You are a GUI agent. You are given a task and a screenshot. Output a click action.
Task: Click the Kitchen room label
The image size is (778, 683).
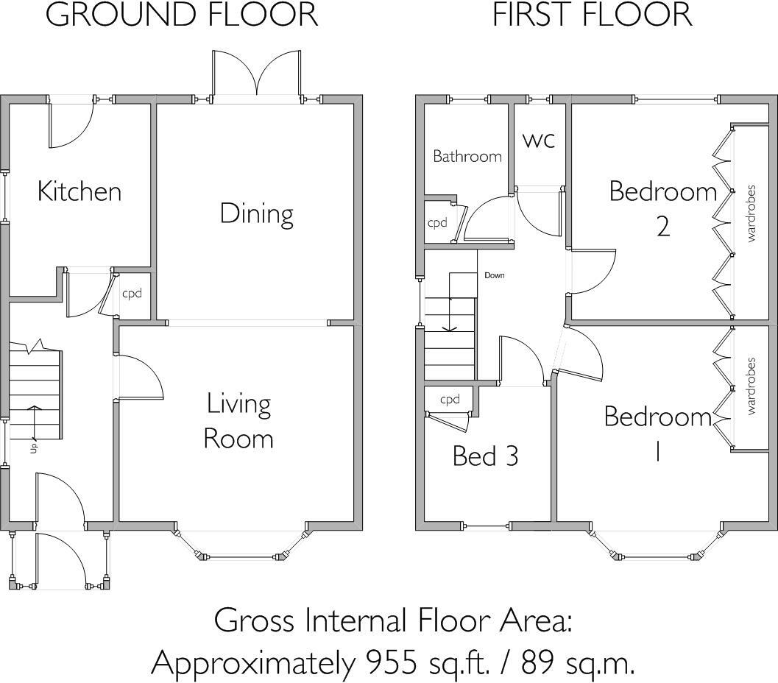(79, 191)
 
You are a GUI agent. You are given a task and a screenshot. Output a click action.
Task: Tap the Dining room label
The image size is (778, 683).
(257, 213)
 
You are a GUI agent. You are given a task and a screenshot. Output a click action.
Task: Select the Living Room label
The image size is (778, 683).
(238, 420)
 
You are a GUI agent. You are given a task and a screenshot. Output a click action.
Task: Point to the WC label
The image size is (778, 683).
(539, 141)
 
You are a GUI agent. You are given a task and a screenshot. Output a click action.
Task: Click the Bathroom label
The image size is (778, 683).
(467, 157)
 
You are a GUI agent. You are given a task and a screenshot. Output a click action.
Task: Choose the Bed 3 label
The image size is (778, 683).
(485, 456)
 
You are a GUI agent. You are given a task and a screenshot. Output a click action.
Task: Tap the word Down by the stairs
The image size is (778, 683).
(494, 275)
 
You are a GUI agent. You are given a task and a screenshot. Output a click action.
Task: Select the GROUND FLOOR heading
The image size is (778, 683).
(182, 15)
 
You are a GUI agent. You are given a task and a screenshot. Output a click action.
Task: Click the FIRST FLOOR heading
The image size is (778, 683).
(592, 15)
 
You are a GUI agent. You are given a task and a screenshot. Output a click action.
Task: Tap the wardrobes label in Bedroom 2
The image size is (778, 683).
(751, 213)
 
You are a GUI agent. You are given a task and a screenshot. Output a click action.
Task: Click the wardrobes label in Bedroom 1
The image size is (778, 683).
(751, 386)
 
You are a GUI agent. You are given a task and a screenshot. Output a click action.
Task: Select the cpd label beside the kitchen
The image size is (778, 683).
(132, 294)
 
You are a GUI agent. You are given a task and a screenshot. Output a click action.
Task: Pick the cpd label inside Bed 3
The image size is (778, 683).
(450, 400)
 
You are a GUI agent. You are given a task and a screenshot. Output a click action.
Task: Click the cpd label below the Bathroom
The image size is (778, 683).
(437, 223)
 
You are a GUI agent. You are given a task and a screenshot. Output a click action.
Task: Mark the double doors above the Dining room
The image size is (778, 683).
(257, 74)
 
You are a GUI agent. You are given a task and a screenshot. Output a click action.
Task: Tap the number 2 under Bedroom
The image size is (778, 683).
(663, 227)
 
